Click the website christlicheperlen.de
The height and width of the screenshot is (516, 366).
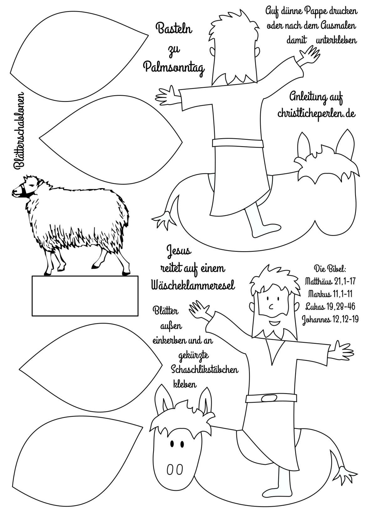click(317, 113)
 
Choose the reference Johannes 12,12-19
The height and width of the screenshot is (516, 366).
click(330, 320)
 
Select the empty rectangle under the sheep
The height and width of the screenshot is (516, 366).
click(85, 296)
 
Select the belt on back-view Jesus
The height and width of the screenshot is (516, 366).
click(238, 143)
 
